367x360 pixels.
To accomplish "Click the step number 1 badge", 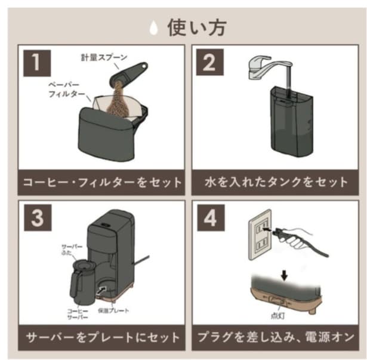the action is pyautogui.click(x=37, y=63).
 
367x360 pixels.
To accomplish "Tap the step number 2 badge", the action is pyautogui.click(x=209, y=62).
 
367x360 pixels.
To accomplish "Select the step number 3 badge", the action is pyautogui.click(x=38, y=218).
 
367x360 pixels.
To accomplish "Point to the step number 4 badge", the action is pyautogui.click(x=211, y=218).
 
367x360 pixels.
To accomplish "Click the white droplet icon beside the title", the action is pyautogui.click(x=153, y=27).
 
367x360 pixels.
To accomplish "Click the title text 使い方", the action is pyautogui.click(x=197, y=27).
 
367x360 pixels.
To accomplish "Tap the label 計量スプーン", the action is pyautogui.click(x=104, y=57).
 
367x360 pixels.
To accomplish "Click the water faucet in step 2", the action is pyautogui.click(x=269, y=67).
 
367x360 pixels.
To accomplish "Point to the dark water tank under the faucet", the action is pyautogui.click(x=291, y=122).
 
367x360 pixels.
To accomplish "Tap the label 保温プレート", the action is pyautogui.click(x=113, y=310).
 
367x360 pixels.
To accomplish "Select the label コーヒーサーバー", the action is pyautogui.click(x=78, y=314).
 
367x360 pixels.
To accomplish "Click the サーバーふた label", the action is pyautogui.click(x=72, y=250).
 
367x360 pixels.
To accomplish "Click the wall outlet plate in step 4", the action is pyautogui.click(x=260, y=235).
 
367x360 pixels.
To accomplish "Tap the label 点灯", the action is pyautogui.click(x=278, y=316).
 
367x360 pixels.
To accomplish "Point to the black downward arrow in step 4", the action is pyautogui.click(x=285, y=276).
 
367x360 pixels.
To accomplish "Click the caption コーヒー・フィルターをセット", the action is pyautogui.click(x=102, y=183).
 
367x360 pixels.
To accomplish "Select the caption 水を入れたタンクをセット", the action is pyautogui.click(x=276, y=182).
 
